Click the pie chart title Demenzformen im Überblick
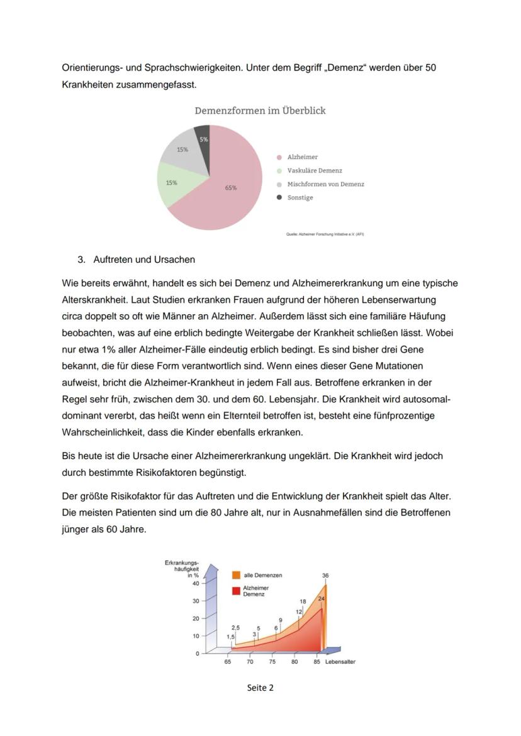[x=260, y=111]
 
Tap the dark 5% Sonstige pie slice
[x=203, y=135]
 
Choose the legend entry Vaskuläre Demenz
[x=315, y=170]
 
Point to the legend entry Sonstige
[x=300, y=197]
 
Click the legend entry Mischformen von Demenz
[x=325, y=184]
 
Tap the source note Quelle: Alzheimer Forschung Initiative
[x=325, y=234]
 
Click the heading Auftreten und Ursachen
[x=144, y=260]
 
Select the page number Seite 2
[x=260, y=688]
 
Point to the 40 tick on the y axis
[x=195, y=583]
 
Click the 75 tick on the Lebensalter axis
[x=272, y=662]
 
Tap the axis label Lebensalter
[x=340, y=662]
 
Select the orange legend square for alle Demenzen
[x=236, y=575]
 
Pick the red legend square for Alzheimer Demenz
[x=236, y=590]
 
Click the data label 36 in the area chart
[x=325, y=575]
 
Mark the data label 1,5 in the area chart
[x=230, y=637]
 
